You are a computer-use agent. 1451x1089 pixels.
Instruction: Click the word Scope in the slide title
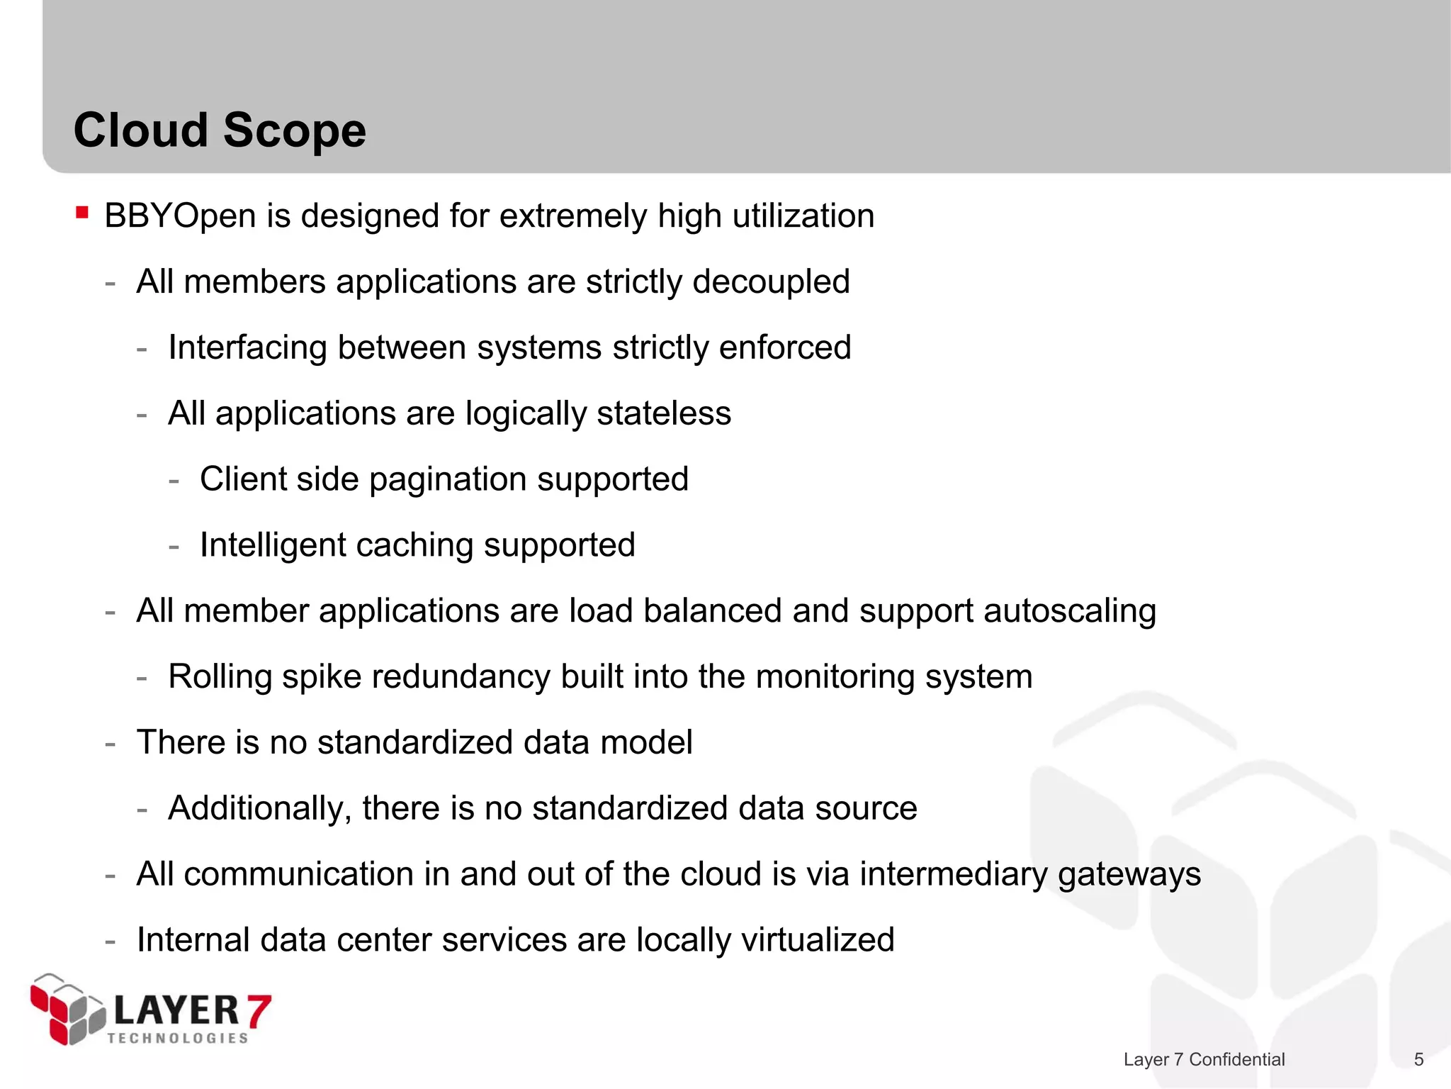click(295, 131)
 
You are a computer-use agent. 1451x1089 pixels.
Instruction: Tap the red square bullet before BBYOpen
click(82, 212)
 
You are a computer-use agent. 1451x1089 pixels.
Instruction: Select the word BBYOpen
click(180, 216)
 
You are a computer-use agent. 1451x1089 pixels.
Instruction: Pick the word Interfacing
click(247, 348)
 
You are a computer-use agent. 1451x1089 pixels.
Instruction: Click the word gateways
click(1129, 875)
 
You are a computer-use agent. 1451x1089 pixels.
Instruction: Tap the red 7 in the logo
click(259, 1011)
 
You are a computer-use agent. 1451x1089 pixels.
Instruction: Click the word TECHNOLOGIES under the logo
click(178, 1038)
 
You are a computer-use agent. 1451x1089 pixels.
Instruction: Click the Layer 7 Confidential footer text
click(1204, 1059)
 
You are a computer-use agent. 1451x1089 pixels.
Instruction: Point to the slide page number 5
click(1418, 1059)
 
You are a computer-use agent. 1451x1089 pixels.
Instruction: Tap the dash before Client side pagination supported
click(174, 481)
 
